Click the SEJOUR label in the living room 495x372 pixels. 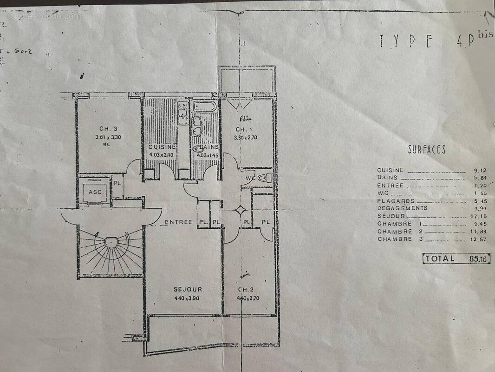coord(185,289)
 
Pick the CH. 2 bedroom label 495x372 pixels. coord(244,289)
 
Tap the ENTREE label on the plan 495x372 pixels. coord(179,222)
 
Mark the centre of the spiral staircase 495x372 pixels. coord(111,242)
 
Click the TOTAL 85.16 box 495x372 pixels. coord(456,259)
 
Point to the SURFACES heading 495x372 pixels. coord(427,150)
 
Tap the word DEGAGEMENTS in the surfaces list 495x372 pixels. coord(402,208)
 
